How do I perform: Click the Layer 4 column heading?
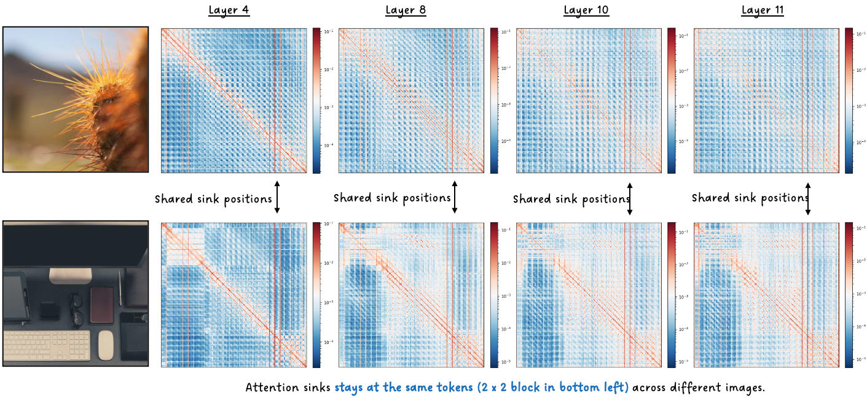click(229, 10)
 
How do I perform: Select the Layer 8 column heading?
click(406, 10)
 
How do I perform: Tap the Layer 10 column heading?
click(586, 10)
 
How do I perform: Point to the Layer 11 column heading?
click(763, 10)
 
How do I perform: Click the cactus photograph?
click(76, 99)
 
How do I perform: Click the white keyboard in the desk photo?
click(47, 345)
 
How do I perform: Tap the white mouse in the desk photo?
click(106, 345)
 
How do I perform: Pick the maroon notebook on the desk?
click(101, 305)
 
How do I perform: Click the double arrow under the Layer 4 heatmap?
click(277, 197)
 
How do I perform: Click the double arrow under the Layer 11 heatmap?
click(808, 198)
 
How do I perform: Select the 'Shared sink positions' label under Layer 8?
click(392, 198)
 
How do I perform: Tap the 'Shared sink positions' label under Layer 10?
click(571, 199)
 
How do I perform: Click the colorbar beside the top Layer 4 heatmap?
click(316, 100)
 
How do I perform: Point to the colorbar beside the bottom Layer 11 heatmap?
click(849, 295)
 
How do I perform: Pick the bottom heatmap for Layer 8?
click(411, 295)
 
